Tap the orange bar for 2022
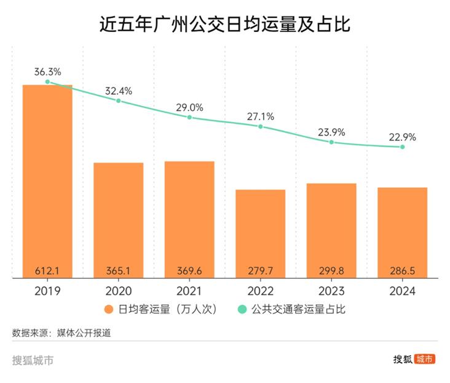point(260,234)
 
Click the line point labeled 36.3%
point(47,82)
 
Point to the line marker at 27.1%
point(260,126)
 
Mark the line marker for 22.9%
point(402,147)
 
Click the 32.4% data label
point(118,91)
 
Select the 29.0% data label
point(189,107)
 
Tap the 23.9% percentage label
point(331,132)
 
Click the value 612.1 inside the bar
point(47,270)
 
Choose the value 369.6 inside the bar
point(189,270)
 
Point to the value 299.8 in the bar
point(331,270)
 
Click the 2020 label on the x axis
point(118,291)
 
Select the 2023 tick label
point(331,291)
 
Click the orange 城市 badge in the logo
point(425,359)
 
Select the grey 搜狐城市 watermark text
point(33,360)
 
